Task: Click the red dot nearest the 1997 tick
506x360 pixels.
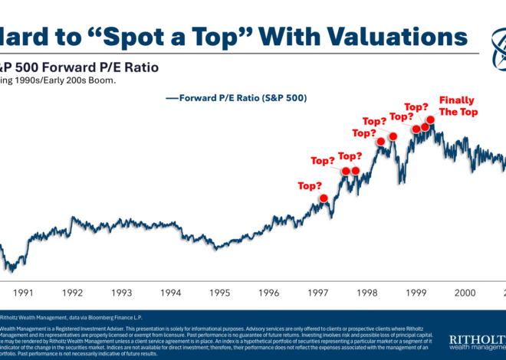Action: pos(324,198)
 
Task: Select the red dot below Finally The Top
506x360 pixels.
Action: pos(431,119)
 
